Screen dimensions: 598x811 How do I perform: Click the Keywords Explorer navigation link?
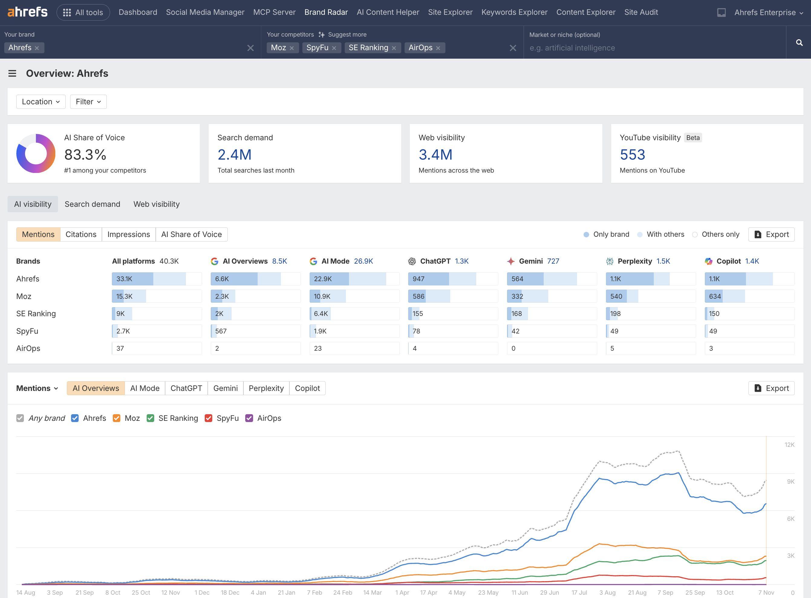[514, 12]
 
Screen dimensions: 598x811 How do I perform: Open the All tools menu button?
[83, 12]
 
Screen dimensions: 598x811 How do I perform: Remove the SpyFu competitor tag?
[334, 48]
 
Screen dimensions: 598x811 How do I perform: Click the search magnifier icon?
[799, 43]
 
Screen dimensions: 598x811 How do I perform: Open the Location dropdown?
[41, 102]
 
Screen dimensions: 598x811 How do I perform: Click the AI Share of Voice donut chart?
[36, 154]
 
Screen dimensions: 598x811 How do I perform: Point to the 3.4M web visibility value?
[435, 155]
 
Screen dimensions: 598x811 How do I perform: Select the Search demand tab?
[92, 204]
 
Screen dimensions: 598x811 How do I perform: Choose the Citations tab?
[81, 235]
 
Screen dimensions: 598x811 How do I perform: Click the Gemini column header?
[530, 261]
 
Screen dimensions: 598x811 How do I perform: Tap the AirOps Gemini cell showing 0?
[552, 349]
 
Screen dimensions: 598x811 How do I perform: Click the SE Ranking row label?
[36, 314]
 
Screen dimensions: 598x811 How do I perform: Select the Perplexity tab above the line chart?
[266, 388]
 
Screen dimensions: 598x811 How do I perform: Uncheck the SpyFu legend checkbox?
[209, 418]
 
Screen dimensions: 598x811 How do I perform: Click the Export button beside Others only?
[771, 235]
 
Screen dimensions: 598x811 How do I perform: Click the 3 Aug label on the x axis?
[607, 593]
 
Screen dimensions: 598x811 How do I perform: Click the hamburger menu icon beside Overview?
[12, 73]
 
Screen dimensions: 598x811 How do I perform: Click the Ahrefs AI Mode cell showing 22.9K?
[354, 279]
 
